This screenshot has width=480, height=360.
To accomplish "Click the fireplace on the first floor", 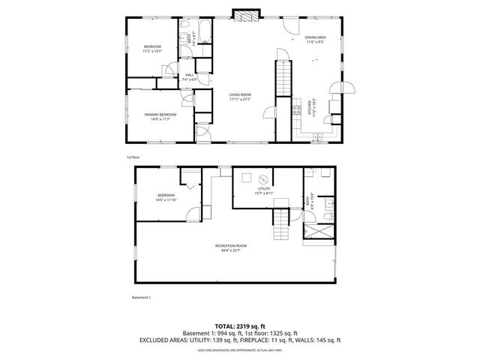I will pyautogui.click(x=244, y=15).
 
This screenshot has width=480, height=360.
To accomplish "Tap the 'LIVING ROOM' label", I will pyautogui.click(x=240, y=94).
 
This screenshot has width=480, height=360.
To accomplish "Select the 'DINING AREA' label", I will pyautogui.click(x=315, y=37).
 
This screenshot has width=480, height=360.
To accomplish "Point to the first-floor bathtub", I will pyautogui.click(x=206, y=34).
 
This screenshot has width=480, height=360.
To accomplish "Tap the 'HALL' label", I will pyautogui.click(x=190, y=75).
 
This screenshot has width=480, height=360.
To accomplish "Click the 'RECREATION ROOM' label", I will pyautogui.click(x=230, y=245).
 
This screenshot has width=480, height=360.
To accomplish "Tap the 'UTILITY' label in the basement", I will pyautogui.click(x=264, y=190).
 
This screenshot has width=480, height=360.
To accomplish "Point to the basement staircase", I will pyautogui.click(x=279, y=219).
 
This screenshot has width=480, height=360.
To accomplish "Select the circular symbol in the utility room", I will pyautogui.click(x=263, y=179).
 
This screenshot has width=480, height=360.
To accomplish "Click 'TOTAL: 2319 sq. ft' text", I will pyautogui.click(x=239, y=326).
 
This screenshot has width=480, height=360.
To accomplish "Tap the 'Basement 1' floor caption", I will pyautogui.click(x=141, y=298).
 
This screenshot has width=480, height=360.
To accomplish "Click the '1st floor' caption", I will pyautogui.click(x=133, y=157).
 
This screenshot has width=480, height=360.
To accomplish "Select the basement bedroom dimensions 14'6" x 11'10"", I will pyautogui.click(x=166, y=199).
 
